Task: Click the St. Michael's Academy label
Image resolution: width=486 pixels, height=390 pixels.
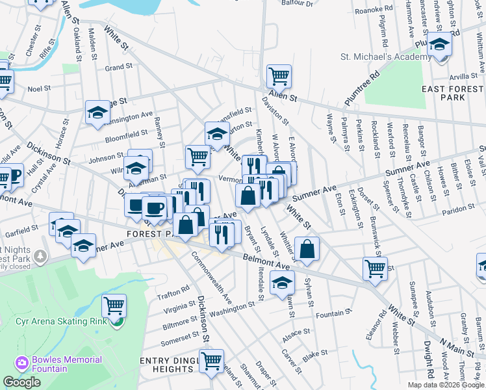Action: (385, 57)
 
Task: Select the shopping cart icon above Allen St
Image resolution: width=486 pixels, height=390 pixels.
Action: (279, 76)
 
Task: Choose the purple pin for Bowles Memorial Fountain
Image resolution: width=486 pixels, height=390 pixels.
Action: (21, 362)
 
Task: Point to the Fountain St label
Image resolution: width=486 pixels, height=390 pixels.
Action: (330, 314)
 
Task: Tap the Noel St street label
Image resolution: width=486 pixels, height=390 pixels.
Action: (39, 88)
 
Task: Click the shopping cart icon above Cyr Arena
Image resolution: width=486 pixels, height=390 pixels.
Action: (114, 304)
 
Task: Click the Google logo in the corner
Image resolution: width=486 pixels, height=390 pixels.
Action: (21, 382)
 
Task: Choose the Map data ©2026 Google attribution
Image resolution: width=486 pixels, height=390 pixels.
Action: (444, 385)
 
